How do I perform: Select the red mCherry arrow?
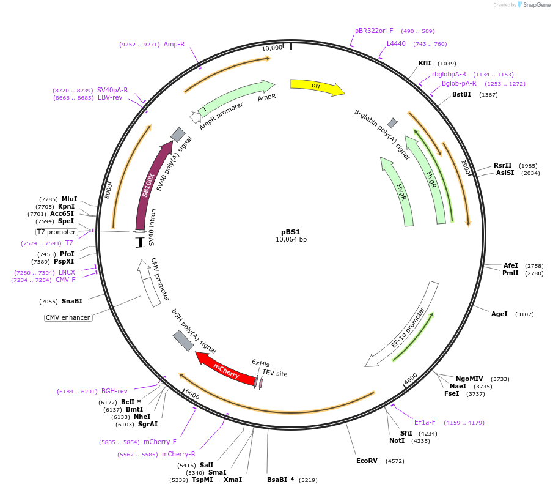point(225,369)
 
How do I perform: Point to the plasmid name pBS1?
point(291,232)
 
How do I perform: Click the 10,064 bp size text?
point(291,239)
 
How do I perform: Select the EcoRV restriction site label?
point(367,461)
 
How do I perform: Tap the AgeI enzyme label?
point(499,314)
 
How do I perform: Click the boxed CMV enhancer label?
point(68,317)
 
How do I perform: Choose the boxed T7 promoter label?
point(56,232)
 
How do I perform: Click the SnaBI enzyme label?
point(72,301)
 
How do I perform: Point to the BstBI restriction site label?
point(462,94)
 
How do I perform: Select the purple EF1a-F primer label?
point(425,422)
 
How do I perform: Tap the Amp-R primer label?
point(174,44)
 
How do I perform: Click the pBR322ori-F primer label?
point(374,31)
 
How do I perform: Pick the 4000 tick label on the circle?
point(411,379)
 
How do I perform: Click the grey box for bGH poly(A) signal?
point(183,341)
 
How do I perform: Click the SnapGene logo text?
point(537,5)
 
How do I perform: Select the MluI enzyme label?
point(69,199)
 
